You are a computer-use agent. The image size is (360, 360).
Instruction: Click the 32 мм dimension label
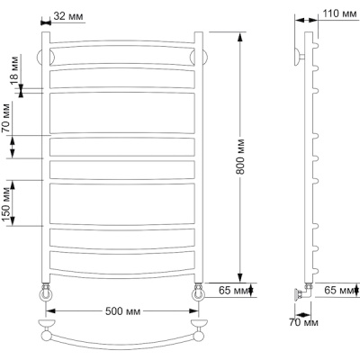[68, 16]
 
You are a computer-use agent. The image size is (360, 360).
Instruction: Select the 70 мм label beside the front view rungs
[6, 118]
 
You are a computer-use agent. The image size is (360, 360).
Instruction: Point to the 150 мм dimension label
[7, 204]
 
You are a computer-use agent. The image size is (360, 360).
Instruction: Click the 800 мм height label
[240, 157]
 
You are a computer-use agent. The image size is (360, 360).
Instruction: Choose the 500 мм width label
[122, 311]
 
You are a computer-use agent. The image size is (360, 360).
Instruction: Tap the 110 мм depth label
[339, 13]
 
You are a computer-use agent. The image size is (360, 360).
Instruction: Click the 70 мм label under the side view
[303, 322]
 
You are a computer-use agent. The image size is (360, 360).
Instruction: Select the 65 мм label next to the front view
[234, 291]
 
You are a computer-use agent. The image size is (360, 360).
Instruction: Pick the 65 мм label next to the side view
[339, 291]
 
